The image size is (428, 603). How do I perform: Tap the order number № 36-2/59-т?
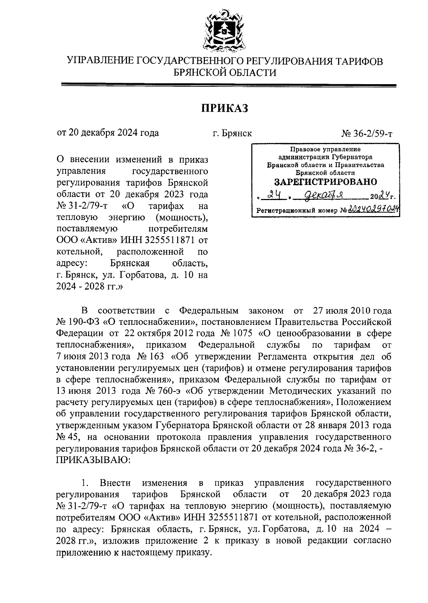[x=367, y=134]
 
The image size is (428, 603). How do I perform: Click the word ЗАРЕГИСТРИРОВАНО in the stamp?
[x=325, y=182]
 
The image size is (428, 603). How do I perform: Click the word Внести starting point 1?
[x=115, y=483]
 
